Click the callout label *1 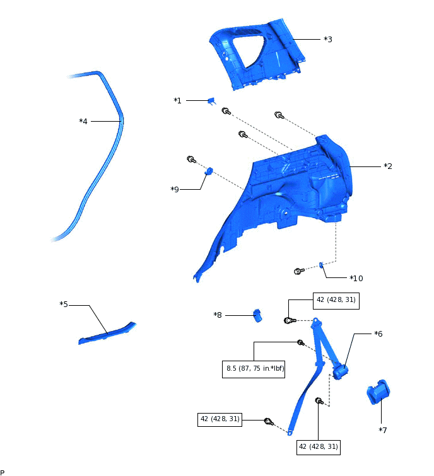[x=177, y=101]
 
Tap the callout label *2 [x=388, y=166]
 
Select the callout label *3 [x=328, y=39]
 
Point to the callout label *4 [x=83, y=121]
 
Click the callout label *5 [x=64, y=305]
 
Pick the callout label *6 [x=378, y=334]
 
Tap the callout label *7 [x=382, y=430]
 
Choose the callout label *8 [x=218, y=315]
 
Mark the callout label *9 [x=175, y=189]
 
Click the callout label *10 [x=356, y=278]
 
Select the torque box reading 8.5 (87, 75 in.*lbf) [x=254, y=369]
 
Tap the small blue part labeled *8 [x=257, y=314]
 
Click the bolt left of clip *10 [x=299, y=271]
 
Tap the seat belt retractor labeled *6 [x=342, y=370]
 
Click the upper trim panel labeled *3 [x=259, y=54]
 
